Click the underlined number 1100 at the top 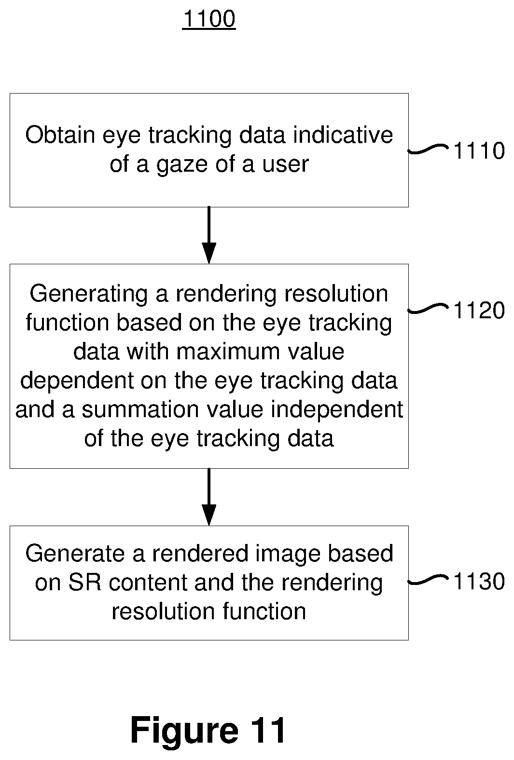[209, 19]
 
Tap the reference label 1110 [479, 150]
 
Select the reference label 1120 [479, 311]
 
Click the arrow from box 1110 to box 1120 [209, 235]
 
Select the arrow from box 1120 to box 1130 [209, 497]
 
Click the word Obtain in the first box [60, 135]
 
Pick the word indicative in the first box [343, 135]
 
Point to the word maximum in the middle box [228, 352]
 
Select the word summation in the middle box [140, 409]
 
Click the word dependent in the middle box [77, 380]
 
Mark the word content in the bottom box [148, 583]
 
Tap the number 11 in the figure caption [268, 730]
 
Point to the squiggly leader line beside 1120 [429, 309]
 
